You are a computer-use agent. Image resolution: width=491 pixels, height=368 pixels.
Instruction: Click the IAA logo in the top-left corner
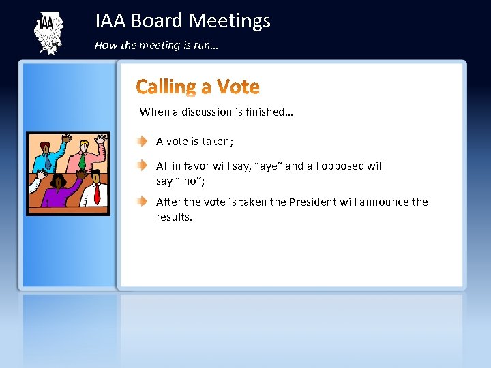[48, 32]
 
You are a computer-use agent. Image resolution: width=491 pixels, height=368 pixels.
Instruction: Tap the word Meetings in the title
[229, 21]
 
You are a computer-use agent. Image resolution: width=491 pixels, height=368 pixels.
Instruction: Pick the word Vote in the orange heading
[238, 87]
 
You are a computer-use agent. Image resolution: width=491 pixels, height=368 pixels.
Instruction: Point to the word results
[175, 217]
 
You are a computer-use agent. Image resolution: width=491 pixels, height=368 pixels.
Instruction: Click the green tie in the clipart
[82, 162]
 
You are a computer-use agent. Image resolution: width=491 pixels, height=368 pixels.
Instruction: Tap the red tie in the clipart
[97, 195]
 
